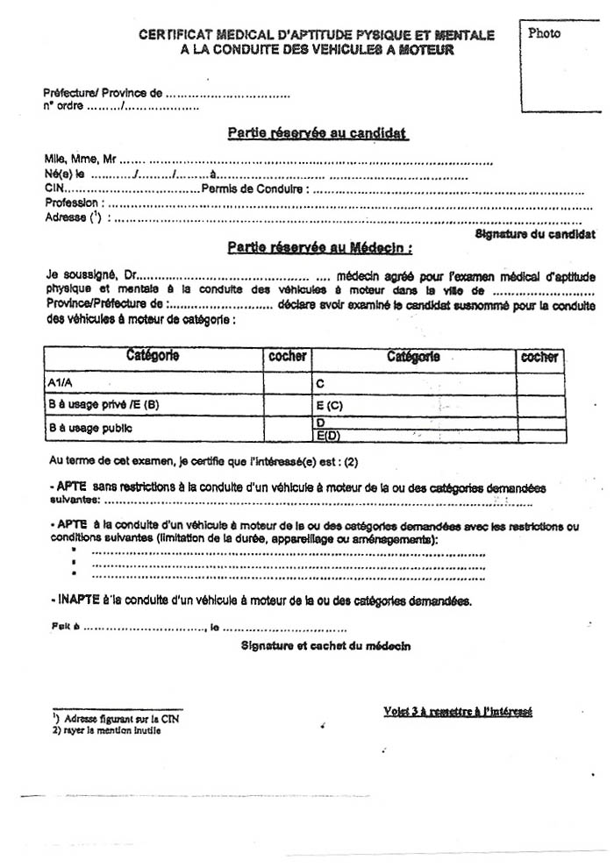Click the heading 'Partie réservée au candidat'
(318, 133)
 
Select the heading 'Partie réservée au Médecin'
(320, 248)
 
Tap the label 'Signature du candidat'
(535, 235)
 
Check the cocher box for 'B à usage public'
(287, 430)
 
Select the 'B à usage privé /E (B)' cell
(153, 406)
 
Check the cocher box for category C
(540, 384)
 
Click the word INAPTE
(71, 601)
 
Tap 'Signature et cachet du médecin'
(325, 646)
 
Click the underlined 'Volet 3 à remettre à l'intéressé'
(457, 711)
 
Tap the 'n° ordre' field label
(63, 107)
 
